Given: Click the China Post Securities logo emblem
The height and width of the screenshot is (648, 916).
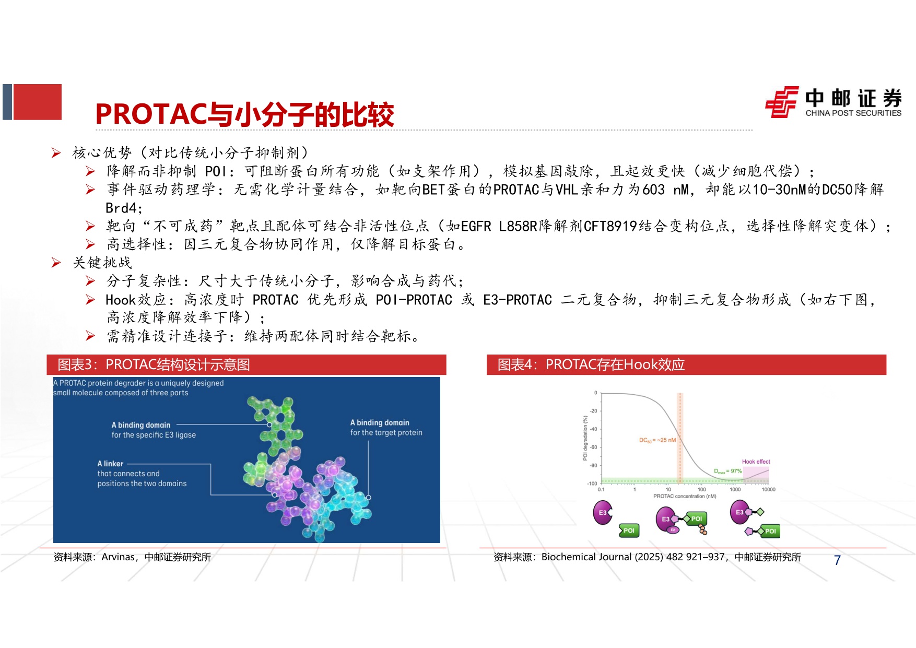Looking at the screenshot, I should click(782, 102).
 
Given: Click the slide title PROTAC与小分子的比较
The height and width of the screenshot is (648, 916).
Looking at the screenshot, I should click(244, 114).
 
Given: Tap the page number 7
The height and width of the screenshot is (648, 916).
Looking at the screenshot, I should click(837, 560).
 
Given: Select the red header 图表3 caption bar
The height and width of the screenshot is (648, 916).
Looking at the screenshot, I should click(246, 364).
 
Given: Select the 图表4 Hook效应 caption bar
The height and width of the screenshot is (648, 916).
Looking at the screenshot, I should click(686, 364).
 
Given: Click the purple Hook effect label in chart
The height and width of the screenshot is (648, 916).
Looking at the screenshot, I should click(756, 462).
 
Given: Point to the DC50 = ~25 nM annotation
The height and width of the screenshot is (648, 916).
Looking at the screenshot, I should click(657, 440).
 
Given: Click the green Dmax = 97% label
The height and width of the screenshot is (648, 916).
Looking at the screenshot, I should click(727, 471).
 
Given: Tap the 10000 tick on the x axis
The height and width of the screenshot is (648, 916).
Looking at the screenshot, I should click(768, 490).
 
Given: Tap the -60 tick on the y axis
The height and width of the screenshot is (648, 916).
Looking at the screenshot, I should click(594, 447).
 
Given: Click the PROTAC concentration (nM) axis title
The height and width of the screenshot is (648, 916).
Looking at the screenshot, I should click(685, 497).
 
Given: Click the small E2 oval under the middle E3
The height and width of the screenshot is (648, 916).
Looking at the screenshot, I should click(673, 530).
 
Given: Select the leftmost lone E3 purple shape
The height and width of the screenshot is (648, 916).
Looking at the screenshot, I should click(602, 512).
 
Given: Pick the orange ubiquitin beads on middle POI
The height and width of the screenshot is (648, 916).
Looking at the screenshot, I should click(703, 531).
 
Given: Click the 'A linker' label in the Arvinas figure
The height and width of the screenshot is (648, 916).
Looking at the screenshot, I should click(110, 464).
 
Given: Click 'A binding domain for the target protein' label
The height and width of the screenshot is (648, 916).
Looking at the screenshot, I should click(386, 428).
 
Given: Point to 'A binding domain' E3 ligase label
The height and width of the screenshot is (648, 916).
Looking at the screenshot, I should click(141, 425).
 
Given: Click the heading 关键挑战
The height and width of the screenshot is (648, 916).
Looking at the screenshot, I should click(102, 263).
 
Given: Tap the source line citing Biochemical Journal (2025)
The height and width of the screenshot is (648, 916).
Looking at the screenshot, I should click(647, 557).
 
